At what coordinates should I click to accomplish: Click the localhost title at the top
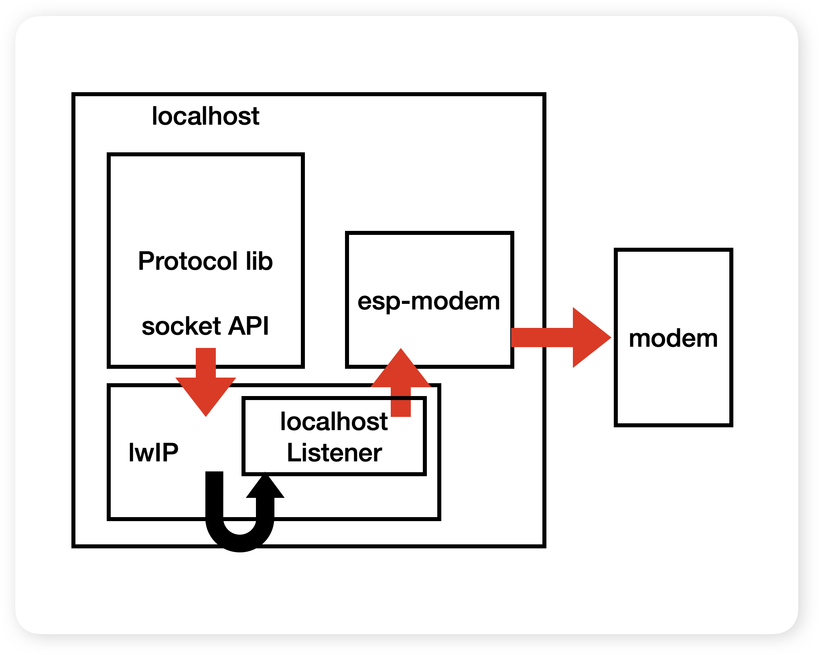coord(205,117)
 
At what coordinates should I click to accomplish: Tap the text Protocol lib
coord(205,261)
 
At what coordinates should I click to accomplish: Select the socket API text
coord(205,326)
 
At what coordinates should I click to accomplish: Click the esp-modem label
coord(429,301)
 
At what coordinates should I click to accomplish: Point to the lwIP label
coord(154,453)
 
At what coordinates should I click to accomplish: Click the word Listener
coord(334,453)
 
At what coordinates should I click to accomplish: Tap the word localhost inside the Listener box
coord(334,422)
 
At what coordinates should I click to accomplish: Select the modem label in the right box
coord(673,338)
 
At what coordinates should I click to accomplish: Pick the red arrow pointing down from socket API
coord(206,381)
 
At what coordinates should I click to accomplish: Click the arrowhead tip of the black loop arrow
coord(265,477)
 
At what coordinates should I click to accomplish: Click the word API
coord(248,326)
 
